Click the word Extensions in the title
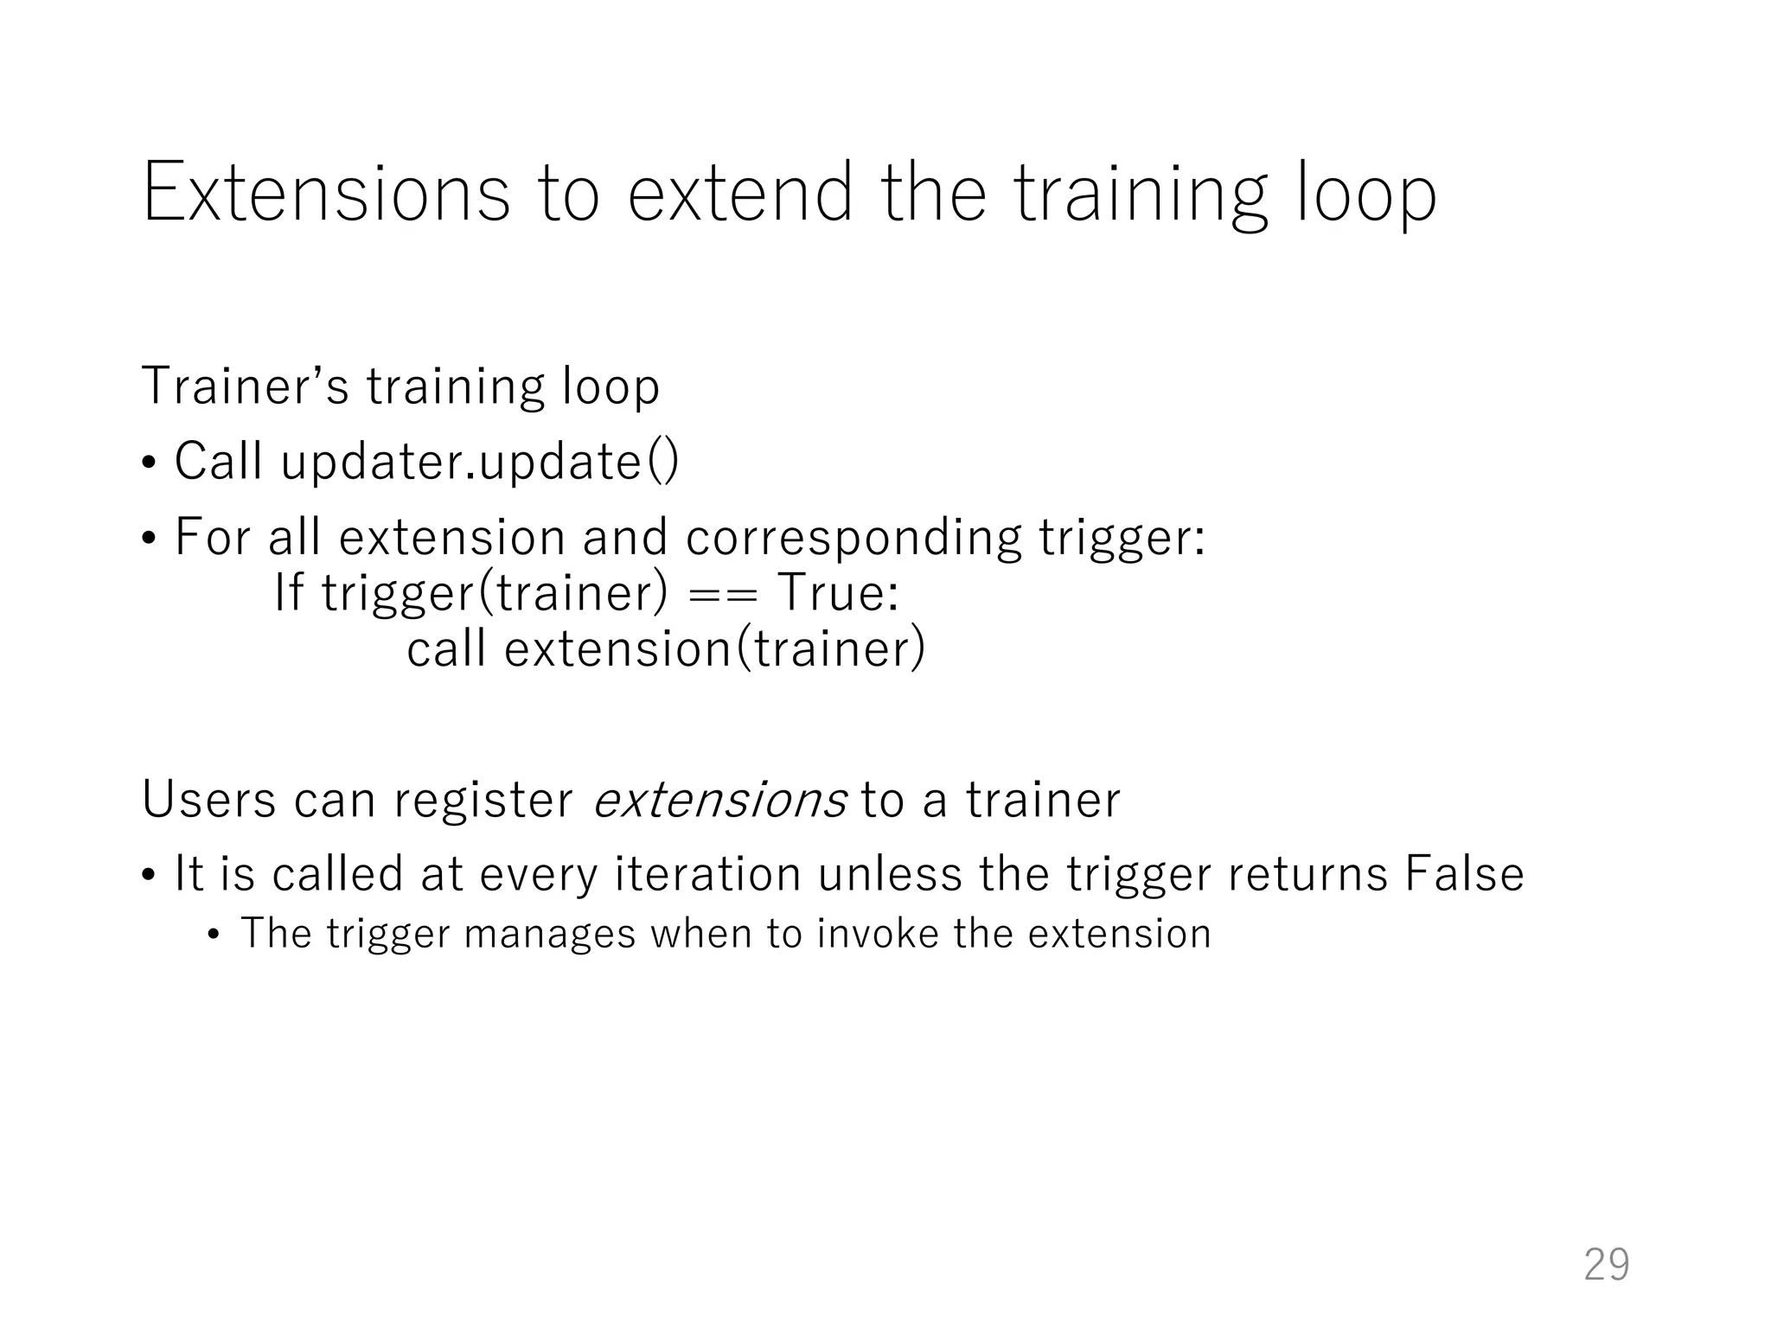click(x=326, y=193)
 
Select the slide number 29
click(x=1606, y=1265)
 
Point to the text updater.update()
click(x=480, y=462)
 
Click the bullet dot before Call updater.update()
click(x=150, y=463)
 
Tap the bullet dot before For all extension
click(x=150, y=539)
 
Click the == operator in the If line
click(x=723, y=594)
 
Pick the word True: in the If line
click(x=838, y=593)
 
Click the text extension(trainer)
click(x=714, y=649)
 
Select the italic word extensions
click(x=719, y=800)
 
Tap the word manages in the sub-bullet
click(x=550, y=934)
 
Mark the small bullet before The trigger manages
click(x=214, y=935)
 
